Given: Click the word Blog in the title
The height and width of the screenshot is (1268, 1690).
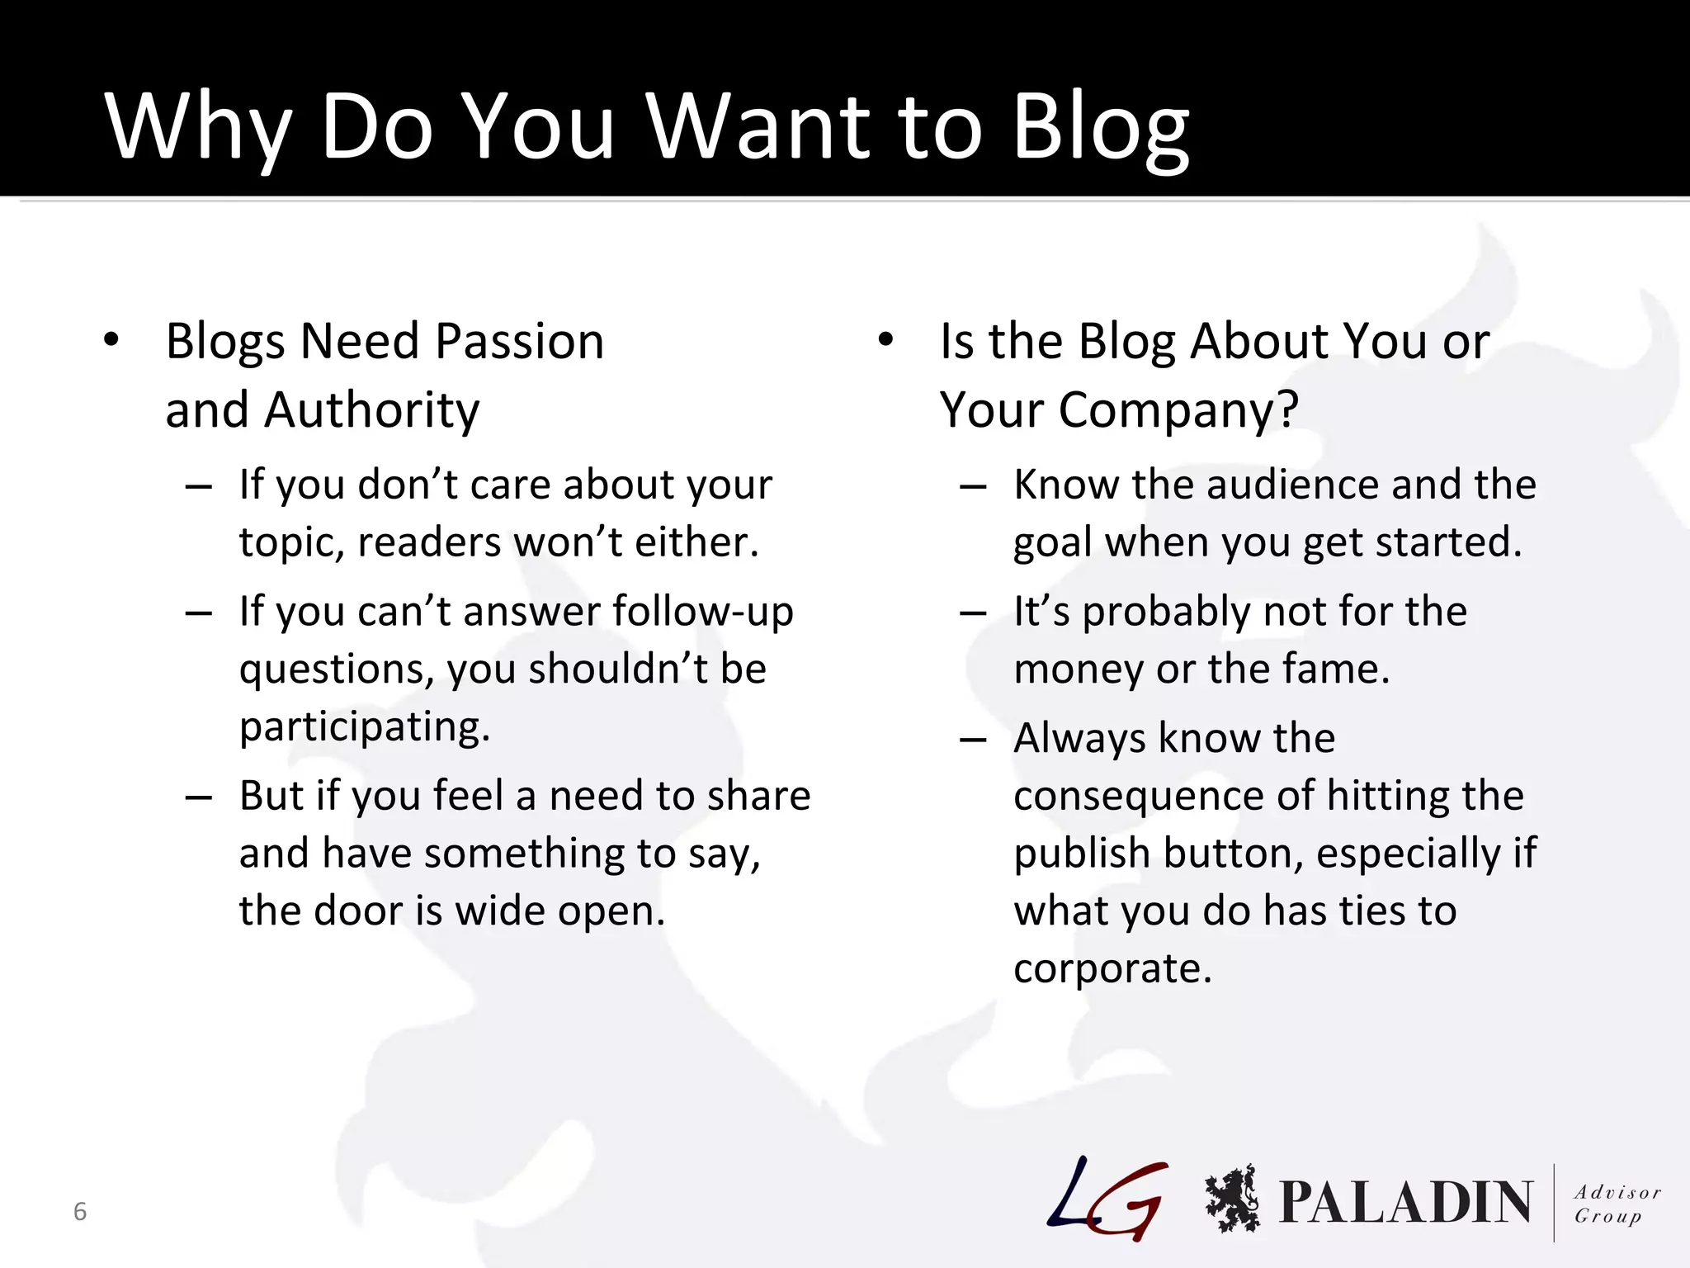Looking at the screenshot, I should point(1100,128).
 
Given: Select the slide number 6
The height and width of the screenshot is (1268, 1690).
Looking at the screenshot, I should point(80,1211).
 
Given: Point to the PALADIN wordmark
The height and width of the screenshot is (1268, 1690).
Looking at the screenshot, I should point(1405,1202).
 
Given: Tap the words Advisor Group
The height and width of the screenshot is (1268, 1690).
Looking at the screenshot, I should point(1616,1204).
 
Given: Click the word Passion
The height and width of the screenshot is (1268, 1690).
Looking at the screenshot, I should point(519,341).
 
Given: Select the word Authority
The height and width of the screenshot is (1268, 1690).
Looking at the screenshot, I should point(371,410).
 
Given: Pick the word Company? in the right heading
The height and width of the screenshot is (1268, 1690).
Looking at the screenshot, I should point(1178,410).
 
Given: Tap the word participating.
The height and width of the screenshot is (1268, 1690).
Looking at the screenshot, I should point(364,727).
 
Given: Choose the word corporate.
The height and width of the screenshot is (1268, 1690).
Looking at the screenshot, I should point(1112,968).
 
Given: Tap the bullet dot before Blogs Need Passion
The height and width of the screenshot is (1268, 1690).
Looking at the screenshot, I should point(111,339).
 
